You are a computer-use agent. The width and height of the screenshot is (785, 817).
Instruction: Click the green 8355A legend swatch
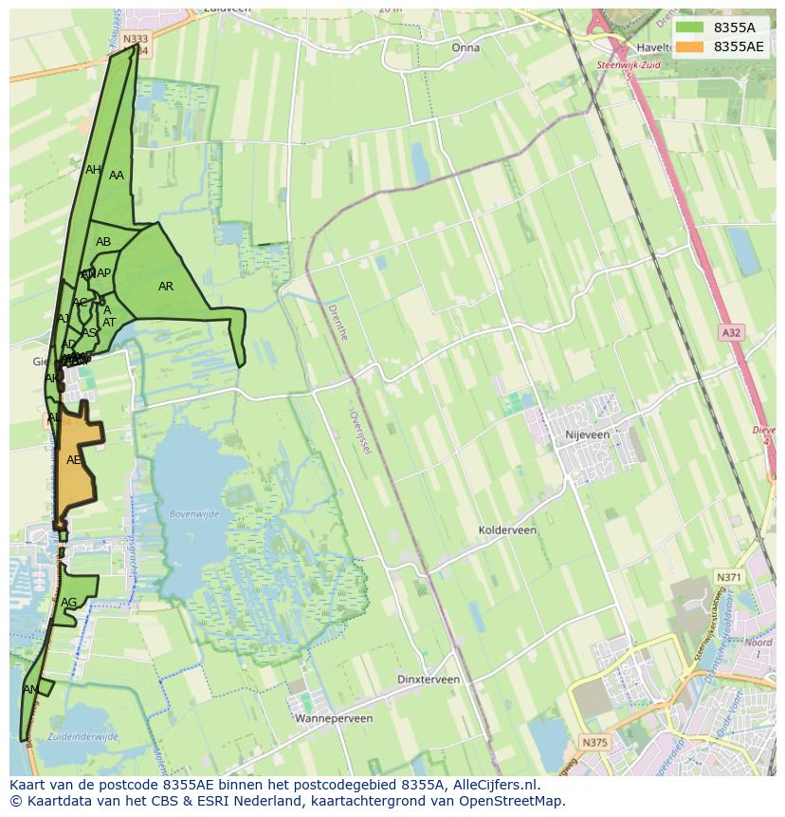pyautogui.click(x=689, y=28)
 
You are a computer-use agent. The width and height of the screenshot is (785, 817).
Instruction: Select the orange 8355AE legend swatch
pyautogui.click(x=689, y=46)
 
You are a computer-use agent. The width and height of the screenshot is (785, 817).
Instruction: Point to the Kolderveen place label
pyautogui.click(x=507, y=530)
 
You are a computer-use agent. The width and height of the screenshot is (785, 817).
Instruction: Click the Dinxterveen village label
pyautogui.click(x=429, y=679)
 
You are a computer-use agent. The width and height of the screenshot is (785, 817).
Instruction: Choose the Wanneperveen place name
pyautogui.click(x=334, y=718)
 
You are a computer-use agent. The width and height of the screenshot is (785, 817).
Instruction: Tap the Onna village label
pyautogui.click(x=466, y=47)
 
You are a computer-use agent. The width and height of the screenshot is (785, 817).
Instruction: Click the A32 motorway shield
pyautogui.click(x=731, y=332)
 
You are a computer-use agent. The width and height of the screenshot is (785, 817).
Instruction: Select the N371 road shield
pyautogui.click(x=728, y=577)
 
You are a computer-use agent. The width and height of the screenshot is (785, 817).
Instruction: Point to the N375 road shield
pyautogui.click(x=594, y=742)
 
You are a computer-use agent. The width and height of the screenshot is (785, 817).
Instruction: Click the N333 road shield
pyautogui.click(x=136, y=39)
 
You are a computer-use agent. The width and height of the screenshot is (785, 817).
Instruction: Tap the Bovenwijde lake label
pyautogui.click(x=193, y=514)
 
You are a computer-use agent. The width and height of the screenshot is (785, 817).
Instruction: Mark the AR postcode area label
pyautogui.click(x=166, y=287)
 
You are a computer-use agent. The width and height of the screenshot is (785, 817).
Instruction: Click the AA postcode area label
pyautogui.click(x=117, y=176)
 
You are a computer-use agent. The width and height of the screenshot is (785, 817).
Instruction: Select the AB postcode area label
pyautogui.click(x=103, y=242)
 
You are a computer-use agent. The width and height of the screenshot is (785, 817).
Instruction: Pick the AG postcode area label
pyautogui.click(x=68, y=603)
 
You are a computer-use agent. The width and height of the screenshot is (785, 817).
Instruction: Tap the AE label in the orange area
pyautogui.click(x=74, y=460)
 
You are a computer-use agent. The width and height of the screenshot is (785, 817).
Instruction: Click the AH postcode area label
pyautogui.click(x=93, y=170)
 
